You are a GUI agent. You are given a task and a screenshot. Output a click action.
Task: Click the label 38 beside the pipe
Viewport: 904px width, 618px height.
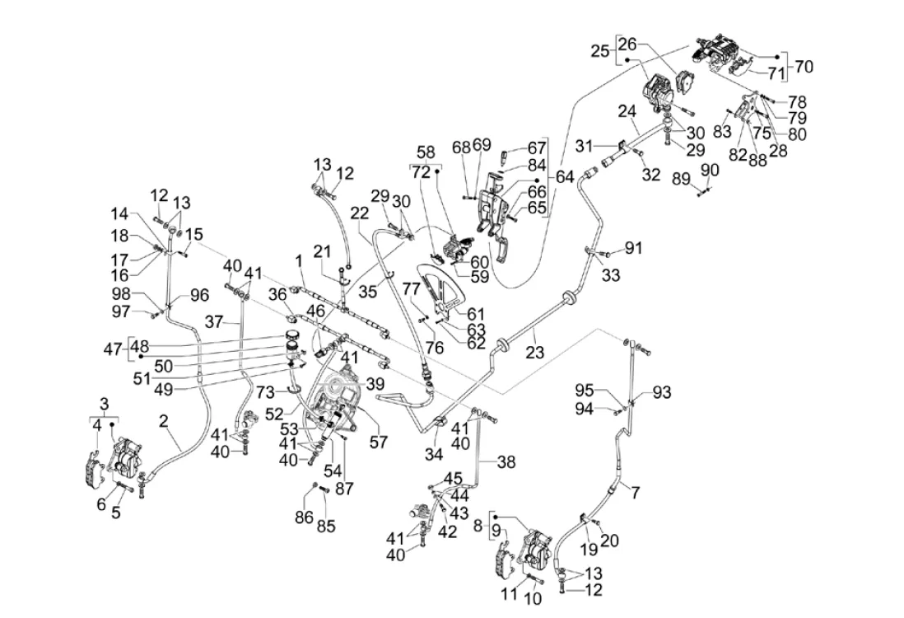(506, 463)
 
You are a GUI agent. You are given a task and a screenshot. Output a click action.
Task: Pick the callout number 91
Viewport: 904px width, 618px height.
(633, 246)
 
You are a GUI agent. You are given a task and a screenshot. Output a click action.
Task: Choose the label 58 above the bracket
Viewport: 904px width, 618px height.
(426, 152)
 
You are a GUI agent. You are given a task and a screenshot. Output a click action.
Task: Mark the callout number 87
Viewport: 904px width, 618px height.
(344, 489)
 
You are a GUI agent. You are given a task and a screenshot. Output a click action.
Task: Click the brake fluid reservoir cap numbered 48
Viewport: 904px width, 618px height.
(291, 335)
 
